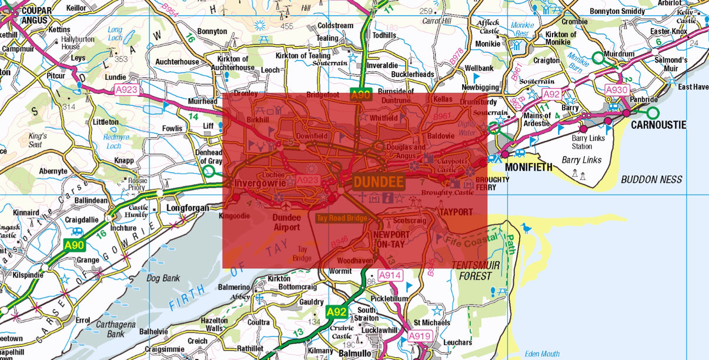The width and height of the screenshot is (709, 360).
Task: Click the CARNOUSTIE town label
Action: point(658,125)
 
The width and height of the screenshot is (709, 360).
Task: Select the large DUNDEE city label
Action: point(379,182)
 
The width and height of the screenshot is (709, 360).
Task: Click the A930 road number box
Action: point(617,90)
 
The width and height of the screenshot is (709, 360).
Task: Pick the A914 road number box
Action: point(389,275)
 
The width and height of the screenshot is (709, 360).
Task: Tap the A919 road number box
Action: point(420,336)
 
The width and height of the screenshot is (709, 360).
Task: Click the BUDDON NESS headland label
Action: point(651,179)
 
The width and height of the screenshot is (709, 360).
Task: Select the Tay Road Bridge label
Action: point(342,218)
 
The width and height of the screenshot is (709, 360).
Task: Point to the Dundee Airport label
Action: point(286,222)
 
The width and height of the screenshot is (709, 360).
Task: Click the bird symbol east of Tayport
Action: point(525,227)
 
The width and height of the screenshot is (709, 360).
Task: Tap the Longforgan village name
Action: point(188,208)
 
